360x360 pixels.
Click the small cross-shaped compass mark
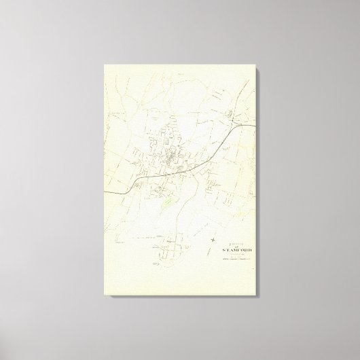(213, 238)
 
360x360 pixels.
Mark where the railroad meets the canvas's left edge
(103, 192)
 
